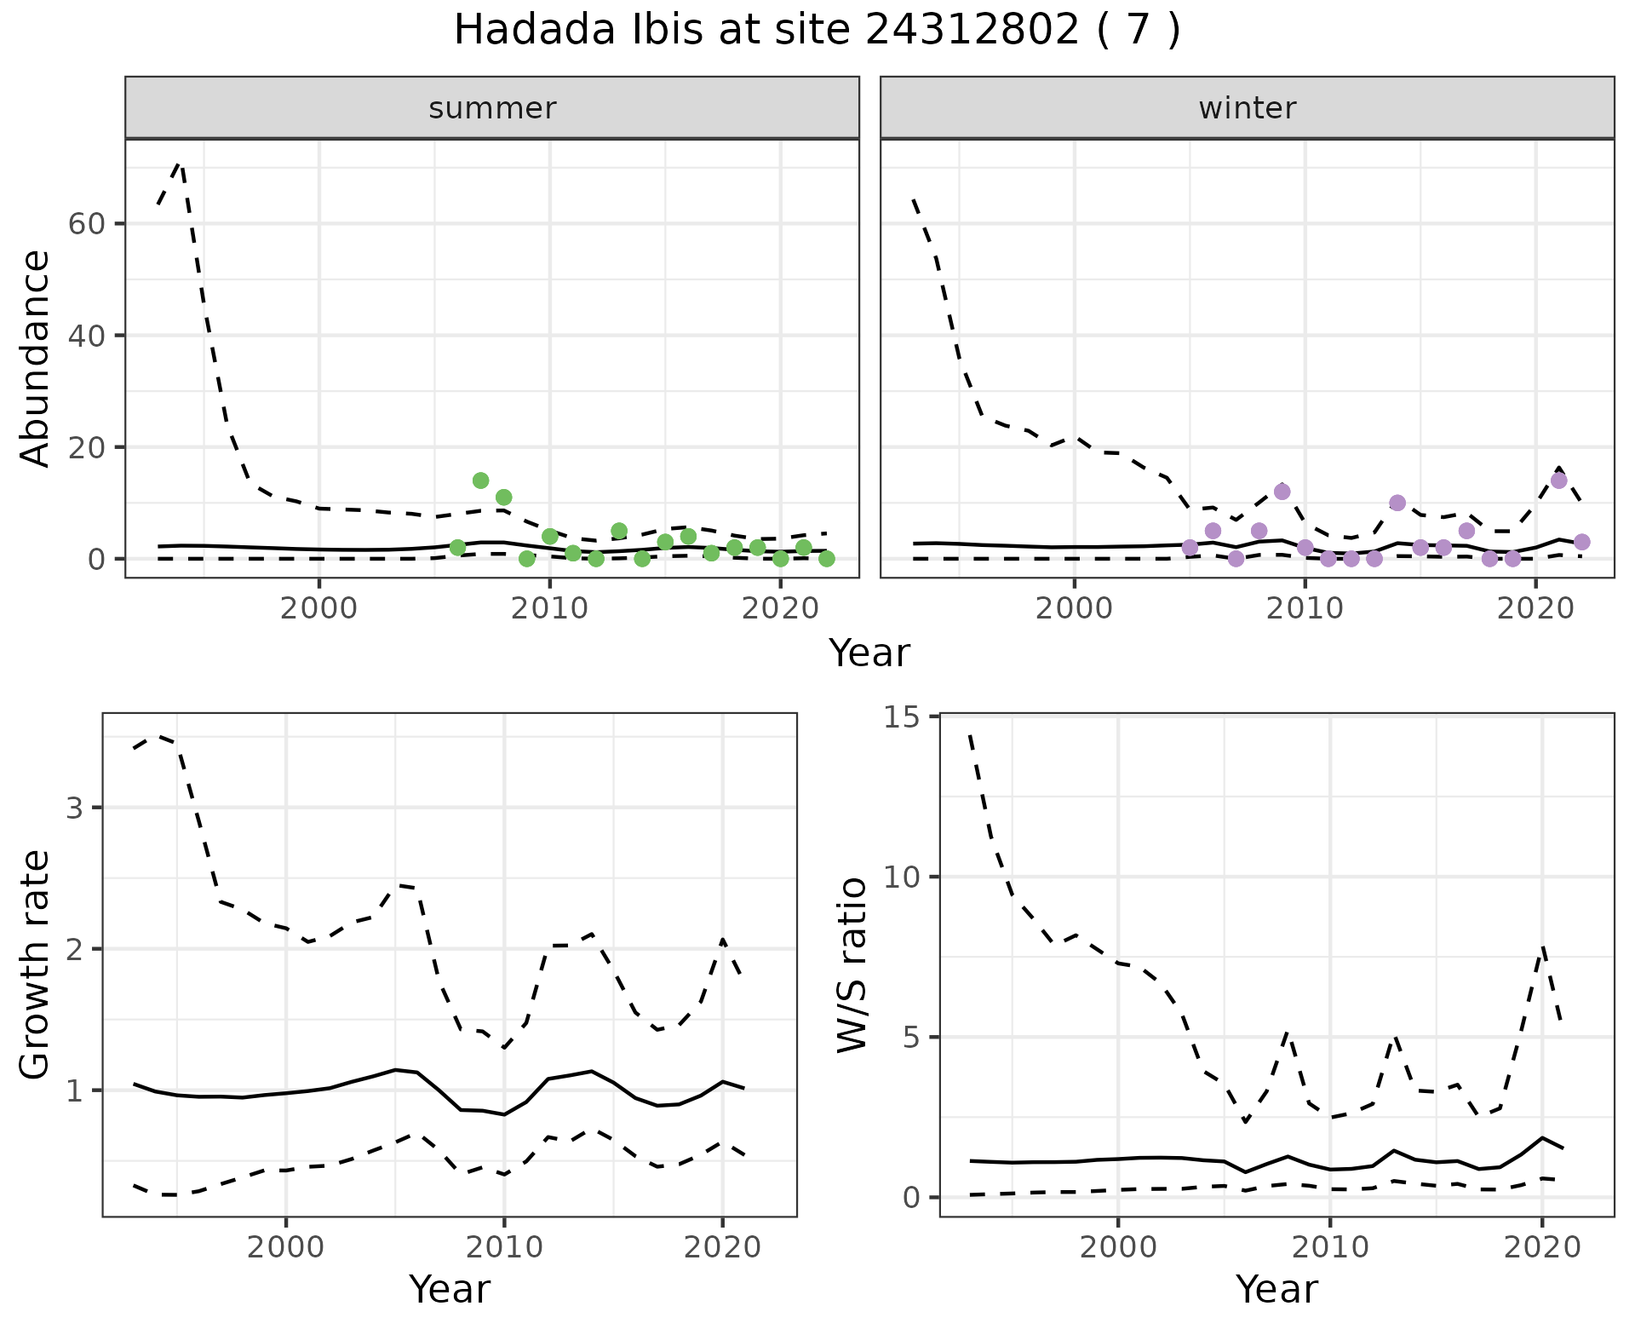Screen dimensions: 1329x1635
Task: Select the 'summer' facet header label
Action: point(492,108)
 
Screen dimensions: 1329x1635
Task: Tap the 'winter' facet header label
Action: point(1247,108)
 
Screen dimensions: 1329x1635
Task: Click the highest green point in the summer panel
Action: point(480,480)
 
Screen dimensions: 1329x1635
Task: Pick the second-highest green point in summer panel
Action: point(503,497)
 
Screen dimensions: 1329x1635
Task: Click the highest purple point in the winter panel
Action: point(1558,480)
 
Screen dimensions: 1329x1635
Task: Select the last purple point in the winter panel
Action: point(1581,542)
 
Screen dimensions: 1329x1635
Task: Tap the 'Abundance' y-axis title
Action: point(36,358)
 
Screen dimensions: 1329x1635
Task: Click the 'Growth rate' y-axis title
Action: point(36,964)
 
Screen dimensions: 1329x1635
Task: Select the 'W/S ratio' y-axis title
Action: point(852,964)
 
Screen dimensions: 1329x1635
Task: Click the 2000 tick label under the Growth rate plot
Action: point(286,1247)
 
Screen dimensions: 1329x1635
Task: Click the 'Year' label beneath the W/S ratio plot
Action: point(1276,1289)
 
